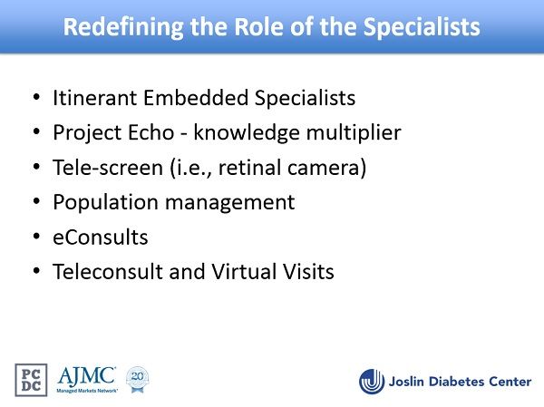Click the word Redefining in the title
tap(123, 27)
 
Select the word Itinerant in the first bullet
tap(94, 98)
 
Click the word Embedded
tap(196, 98)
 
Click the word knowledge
tap(247, 133)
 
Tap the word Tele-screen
tap(108, 167)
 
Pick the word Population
tap(106, 203)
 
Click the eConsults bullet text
tap(101, 237)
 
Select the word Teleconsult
tap(108, 271)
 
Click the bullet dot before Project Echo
tap(36, 131)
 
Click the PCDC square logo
tap(31, 380)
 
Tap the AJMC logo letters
tap(87, 377)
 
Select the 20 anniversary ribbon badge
tap(138, 379)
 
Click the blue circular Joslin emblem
tap(372, 382)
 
